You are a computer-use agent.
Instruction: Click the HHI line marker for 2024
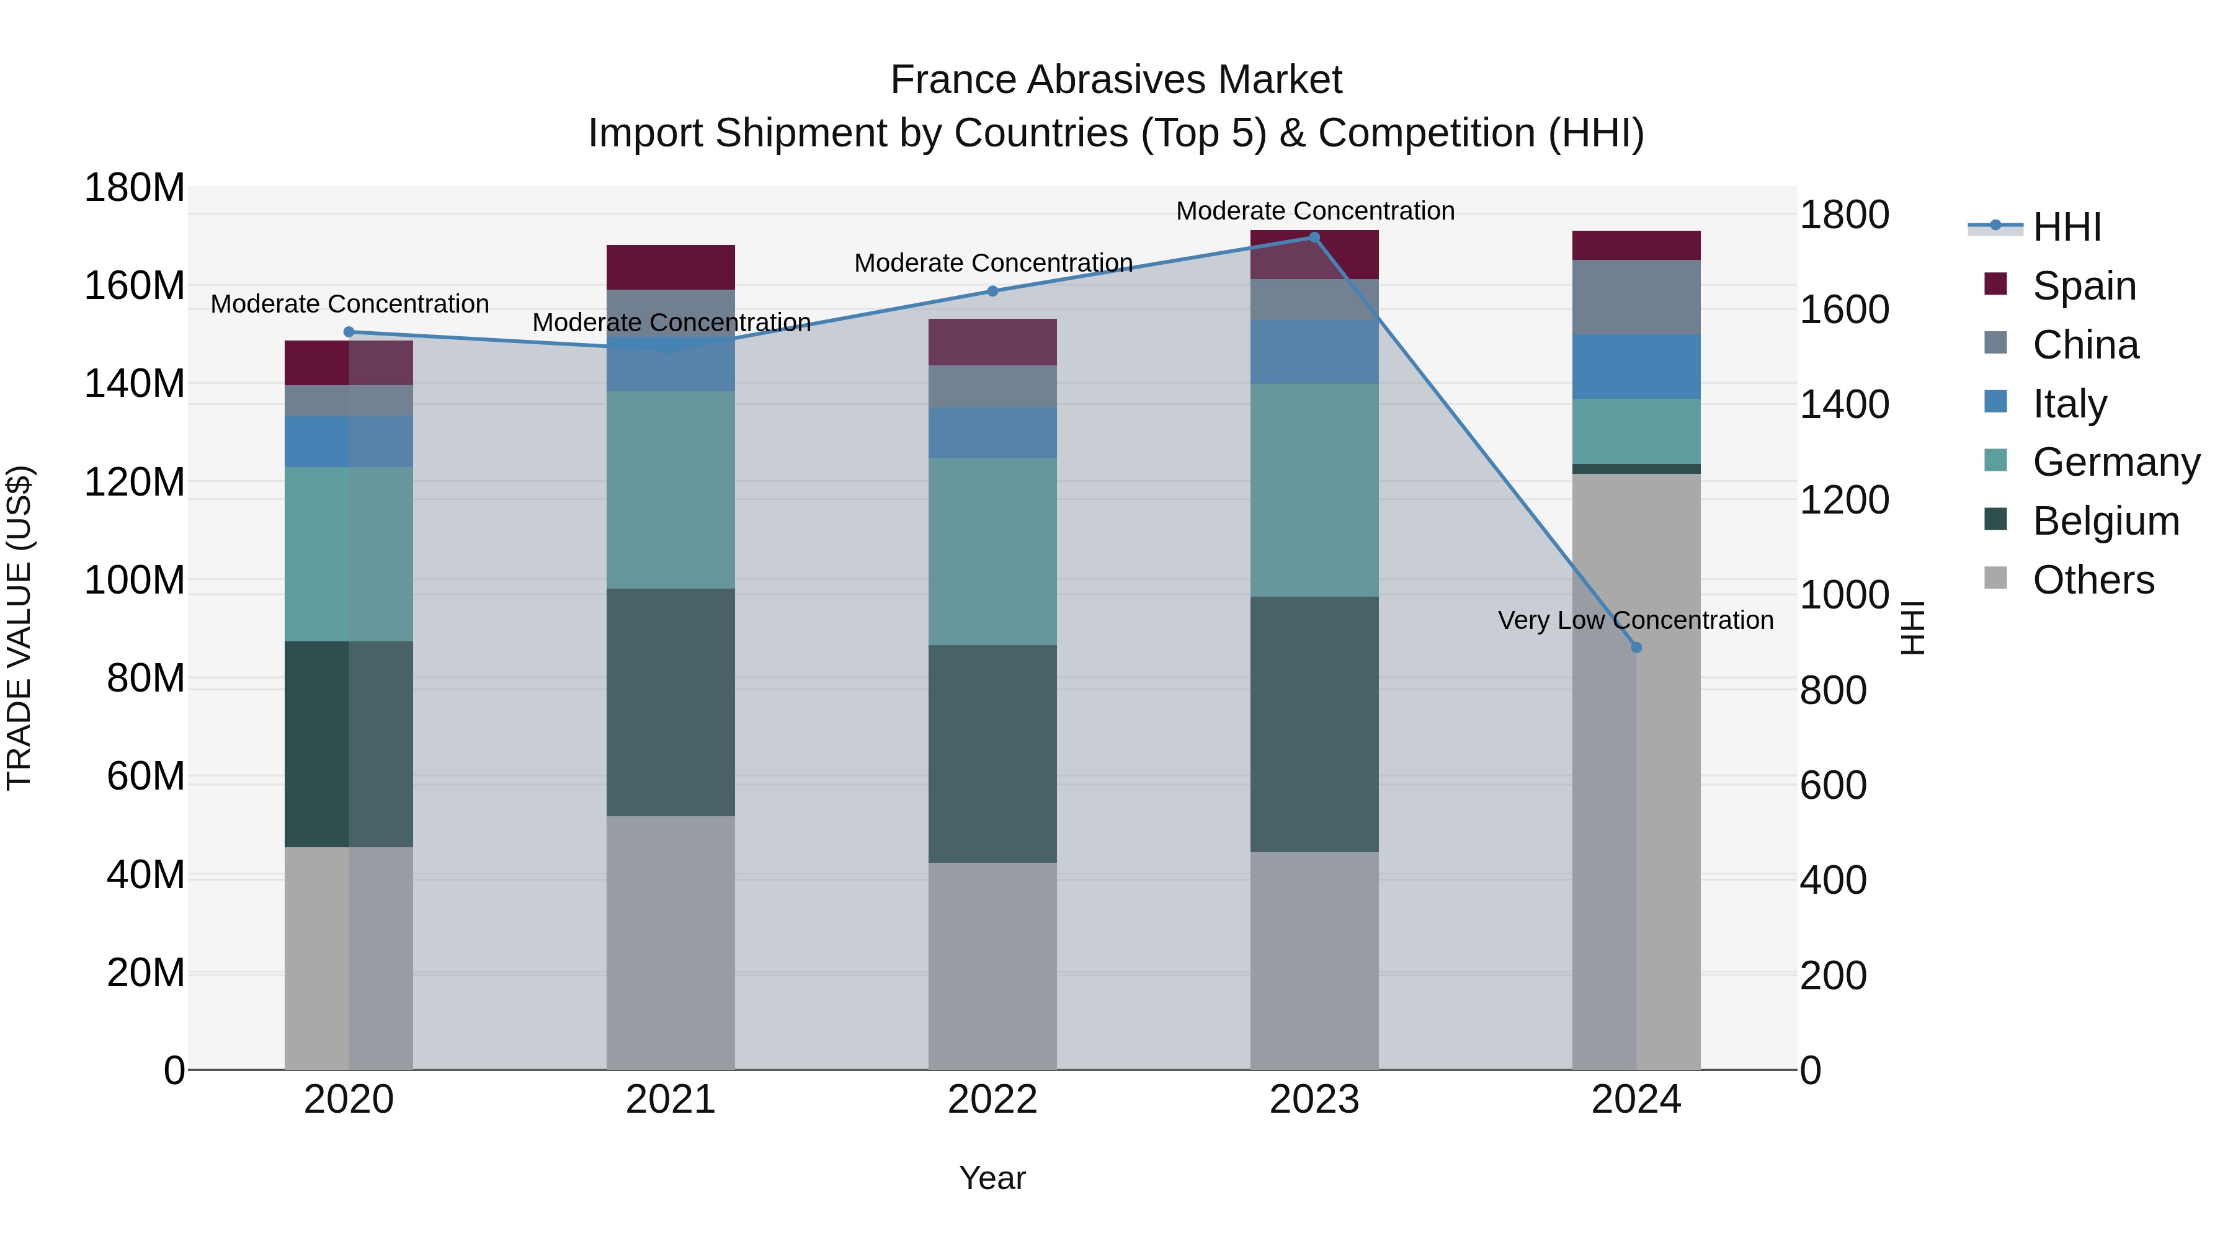[x=1636, y=648]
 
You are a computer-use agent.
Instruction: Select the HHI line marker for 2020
[x=349, y=332]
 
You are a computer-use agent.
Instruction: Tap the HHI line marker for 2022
[x=992, y=292]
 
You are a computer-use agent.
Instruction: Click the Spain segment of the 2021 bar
[x=670, y=267]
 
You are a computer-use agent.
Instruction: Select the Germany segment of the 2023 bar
[x=1314, y=490]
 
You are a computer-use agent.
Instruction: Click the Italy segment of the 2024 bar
[x=1636, y=367]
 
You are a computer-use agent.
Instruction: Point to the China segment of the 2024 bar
[x=1636, y=297]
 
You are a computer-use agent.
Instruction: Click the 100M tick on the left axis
[x=135, y=580]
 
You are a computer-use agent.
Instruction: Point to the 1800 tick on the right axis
[x=1844, y=215]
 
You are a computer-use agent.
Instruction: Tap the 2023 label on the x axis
[x=1314, y=1100]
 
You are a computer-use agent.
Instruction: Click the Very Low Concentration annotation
[x=1635, y=621]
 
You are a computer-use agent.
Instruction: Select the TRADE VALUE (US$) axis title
[x=19, y=628]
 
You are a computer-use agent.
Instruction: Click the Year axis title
[x=992, y=1178]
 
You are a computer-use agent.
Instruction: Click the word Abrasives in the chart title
[x=1116, y=80]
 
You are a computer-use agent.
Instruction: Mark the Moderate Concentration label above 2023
[x=1314, y=211]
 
